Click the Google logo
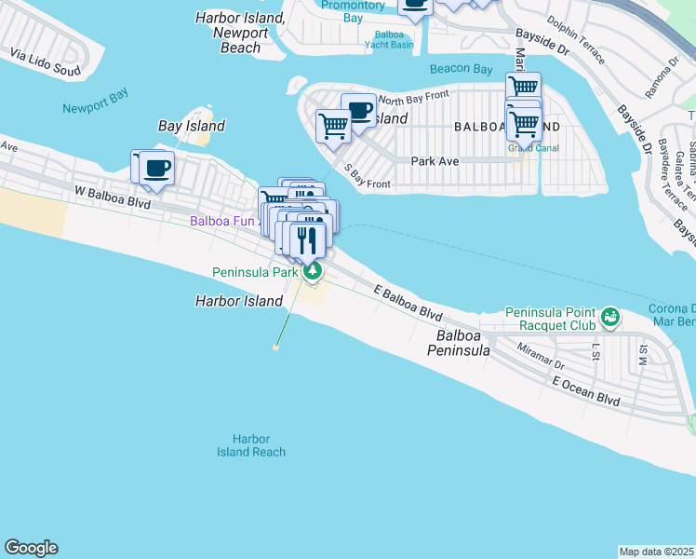[31, 548]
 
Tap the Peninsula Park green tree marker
[314, 271]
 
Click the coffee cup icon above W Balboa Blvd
[156, 169]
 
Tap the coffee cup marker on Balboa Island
[358, 110]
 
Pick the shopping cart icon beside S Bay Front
[333, 126]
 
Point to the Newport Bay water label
[93, 108]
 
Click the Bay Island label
[192, 126]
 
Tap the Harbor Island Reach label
[251, 445]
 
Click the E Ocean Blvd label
[585, 390]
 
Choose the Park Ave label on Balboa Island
[435, 160]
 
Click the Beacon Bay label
[462, 69]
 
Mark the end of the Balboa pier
[276, 348]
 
